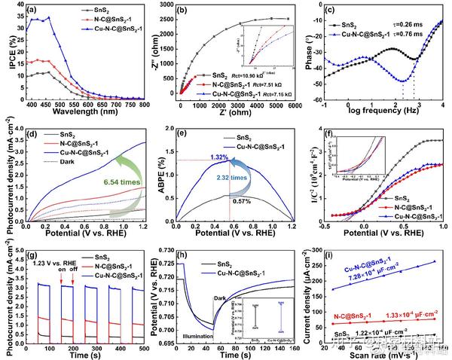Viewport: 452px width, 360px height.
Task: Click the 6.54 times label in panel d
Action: tap(108, 181)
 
